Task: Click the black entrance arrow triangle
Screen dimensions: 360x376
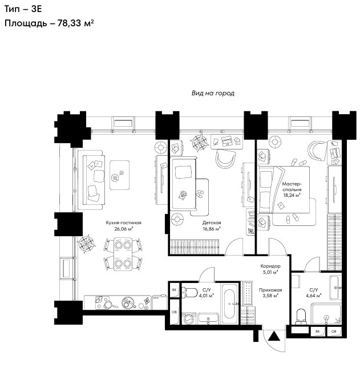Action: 274,336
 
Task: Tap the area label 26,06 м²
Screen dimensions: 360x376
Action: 124,229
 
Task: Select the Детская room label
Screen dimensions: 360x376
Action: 212,223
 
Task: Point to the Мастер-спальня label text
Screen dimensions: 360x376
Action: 292,187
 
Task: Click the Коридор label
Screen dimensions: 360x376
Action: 270,266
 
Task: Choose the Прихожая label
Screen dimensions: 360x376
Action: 270,290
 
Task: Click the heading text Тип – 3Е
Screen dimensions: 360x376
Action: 23,9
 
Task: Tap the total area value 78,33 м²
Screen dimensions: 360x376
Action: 75,23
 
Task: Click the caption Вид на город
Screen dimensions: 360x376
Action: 213,93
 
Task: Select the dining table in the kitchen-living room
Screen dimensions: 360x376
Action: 123,254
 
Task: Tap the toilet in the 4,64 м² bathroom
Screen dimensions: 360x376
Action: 301,317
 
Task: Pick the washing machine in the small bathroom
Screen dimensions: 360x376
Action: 189,318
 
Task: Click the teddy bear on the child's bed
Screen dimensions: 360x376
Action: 183,195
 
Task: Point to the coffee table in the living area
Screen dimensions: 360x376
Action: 119,175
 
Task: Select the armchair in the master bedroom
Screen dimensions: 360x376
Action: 317,151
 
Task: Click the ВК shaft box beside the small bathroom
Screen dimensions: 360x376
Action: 174,290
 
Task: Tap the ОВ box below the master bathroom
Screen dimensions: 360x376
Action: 333,331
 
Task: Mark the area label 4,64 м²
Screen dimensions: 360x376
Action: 313,296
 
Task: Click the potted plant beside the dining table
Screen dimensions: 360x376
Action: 86,244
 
